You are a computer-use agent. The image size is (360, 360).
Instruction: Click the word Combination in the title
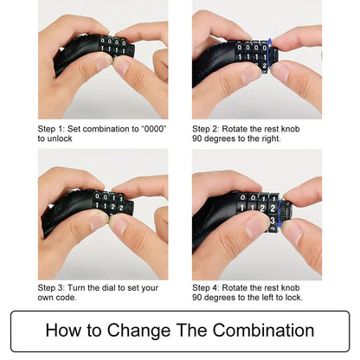(x=263, y=331)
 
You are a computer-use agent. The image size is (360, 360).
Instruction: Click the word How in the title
(x=63, y=331)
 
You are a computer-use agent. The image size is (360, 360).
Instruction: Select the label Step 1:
(x=51, y=129)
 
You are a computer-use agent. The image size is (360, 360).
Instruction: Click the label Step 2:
(x=206, y=129)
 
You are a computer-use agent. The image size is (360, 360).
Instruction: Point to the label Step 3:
(x=51, y=288)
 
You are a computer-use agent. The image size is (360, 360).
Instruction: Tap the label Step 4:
(x=206, y=288)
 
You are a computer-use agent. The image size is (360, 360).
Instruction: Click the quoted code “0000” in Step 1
(x=154, y=129)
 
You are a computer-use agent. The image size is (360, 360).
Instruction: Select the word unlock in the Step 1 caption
(x=60, y=138)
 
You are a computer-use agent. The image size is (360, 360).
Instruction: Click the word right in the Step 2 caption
(x=271, y=138)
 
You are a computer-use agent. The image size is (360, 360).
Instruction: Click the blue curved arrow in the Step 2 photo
(x=270, y=54)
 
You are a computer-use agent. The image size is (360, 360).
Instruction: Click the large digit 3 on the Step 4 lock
(x=273, y=221)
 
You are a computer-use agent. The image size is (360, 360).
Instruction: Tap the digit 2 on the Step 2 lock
(x=264, y=66)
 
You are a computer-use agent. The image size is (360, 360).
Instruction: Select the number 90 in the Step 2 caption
(x=197, y=138)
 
